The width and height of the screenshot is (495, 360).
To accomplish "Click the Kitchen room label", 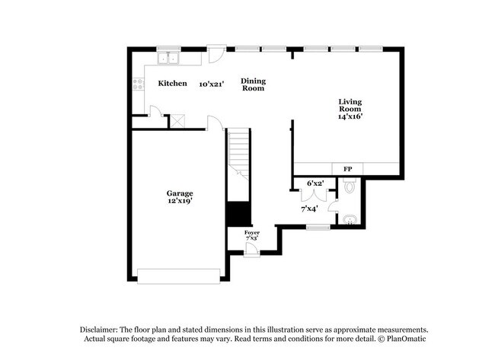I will (172, 83).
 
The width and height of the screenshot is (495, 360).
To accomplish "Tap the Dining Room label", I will (254, 84).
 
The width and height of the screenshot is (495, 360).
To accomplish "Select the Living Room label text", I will (350, 105).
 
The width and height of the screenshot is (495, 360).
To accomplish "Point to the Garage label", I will (180, 193).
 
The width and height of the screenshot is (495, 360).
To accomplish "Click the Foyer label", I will (252, 232).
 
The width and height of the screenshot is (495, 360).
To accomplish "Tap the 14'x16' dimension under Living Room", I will (350, 116).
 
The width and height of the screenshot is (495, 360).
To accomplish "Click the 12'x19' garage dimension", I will (180, 201).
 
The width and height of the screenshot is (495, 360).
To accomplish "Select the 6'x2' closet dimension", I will (315, 183).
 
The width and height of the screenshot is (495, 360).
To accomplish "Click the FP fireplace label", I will (347, 168).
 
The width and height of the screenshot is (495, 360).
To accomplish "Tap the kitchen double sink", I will (167, 59).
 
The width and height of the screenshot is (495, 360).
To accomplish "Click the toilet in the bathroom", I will (350, 186).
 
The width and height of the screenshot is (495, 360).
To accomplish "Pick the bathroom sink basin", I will (350, 221).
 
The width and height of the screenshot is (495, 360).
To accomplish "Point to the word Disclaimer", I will (101, 330).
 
